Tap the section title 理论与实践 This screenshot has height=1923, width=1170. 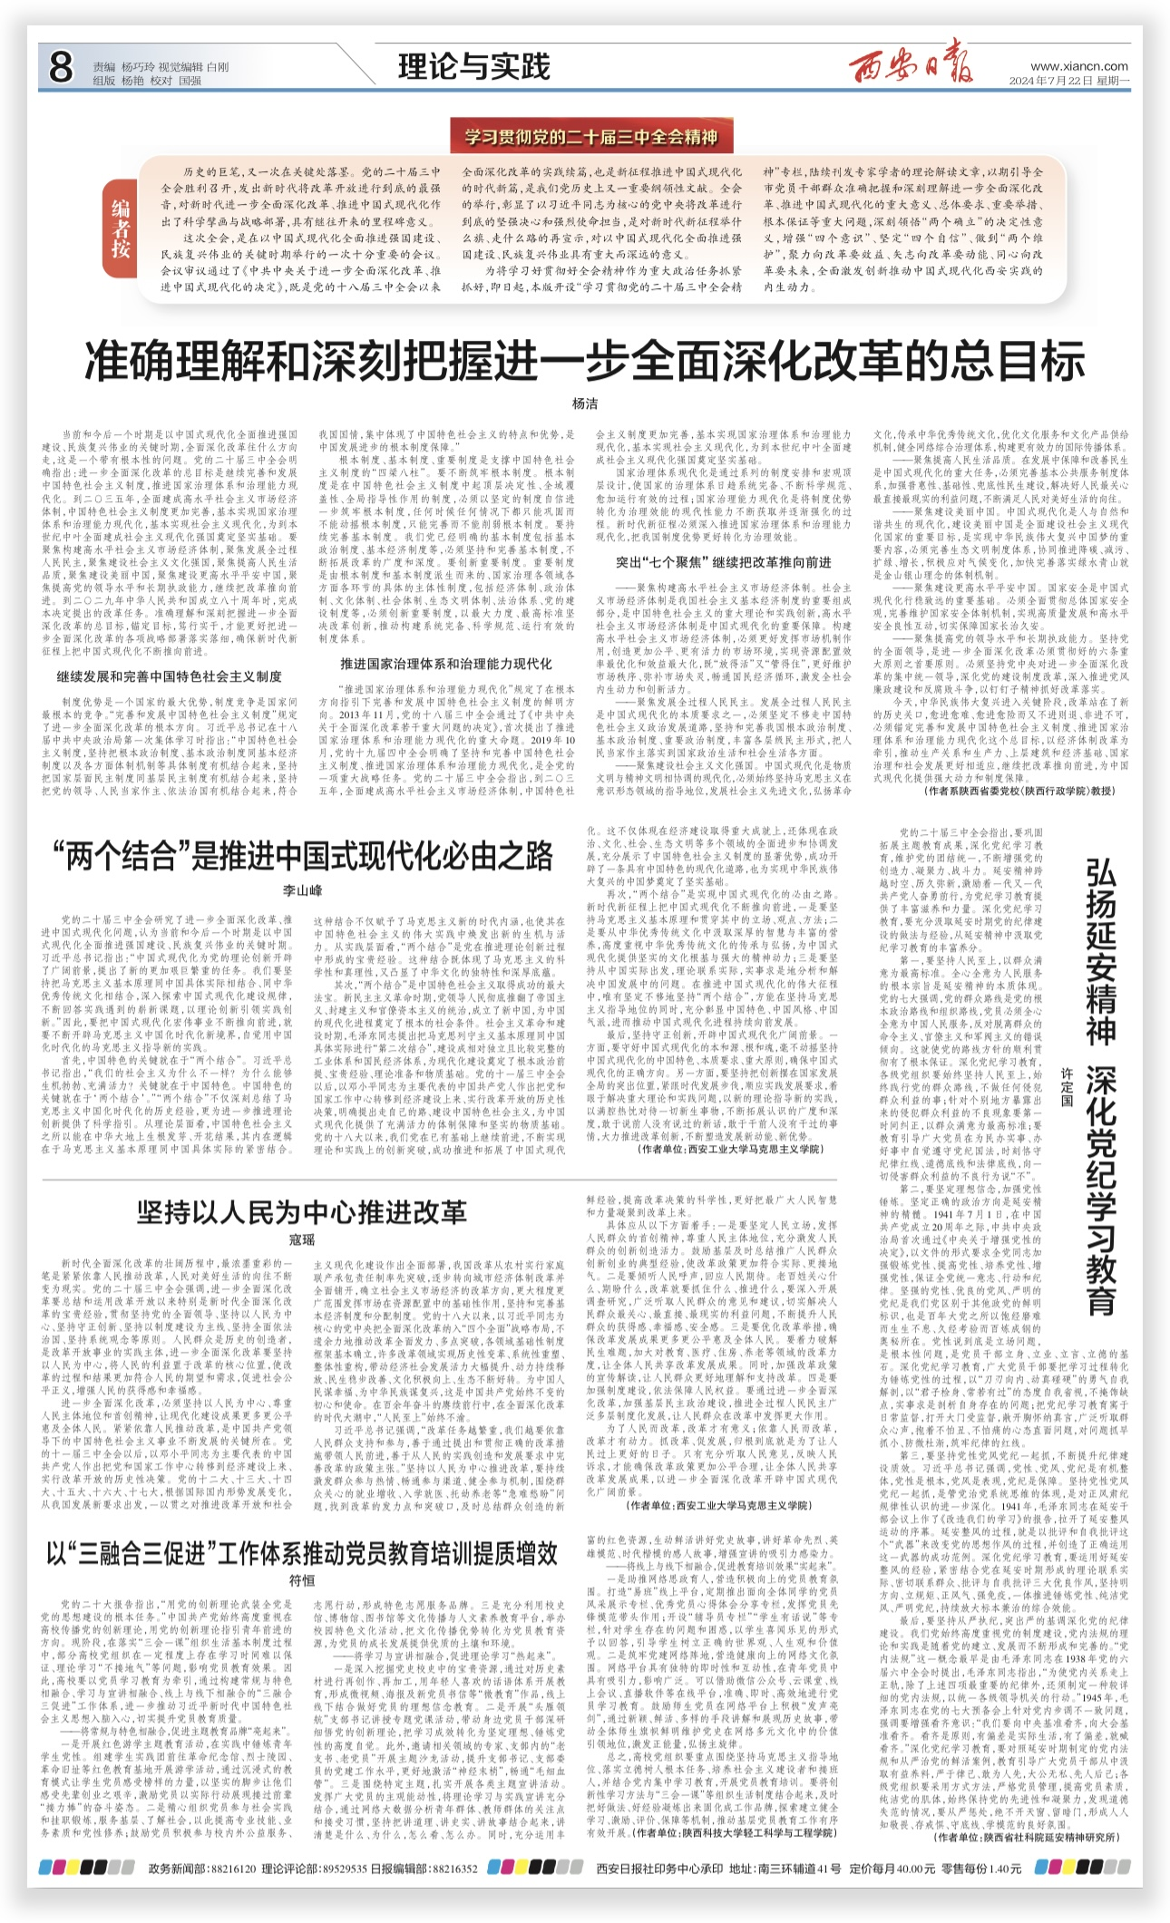coord(473,67)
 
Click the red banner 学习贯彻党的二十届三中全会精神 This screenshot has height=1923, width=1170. coord(591,138)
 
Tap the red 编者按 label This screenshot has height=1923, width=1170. coord(122,228)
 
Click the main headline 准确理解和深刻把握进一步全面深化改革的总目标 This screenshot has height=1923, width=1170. coord(585,360)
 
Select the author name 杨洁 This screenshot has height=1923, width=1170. coord(585,403)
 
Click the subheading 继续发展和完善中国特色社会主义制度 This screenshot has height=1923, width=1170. coord(170,676)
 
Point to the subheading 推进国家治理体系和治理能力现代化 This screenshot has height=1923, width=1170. coord(445,664)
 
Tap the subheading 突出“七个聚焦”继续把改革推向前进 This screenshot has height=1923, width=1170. coord(724,563)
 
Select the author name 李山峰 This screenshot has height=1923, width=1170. coord(302,891)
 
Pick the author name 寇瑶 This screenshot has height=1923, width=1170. coord(302,1239)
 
